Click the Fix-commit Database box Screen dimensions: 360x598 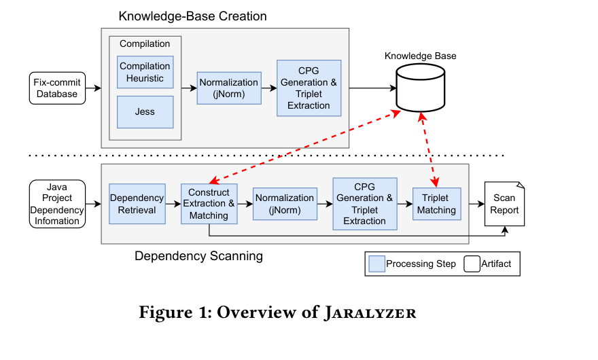point(57,88)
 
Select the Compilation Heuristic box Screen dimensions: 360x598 point(145,72)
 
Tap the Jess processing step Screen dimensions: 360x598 point(145,111)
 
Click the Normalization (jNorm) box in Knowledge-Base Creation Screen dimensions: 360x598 point(229,88)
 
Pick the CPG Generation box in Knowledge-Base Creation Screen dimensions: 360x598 point(309,88)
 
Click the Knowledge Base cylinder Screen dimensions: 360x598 point(421,88)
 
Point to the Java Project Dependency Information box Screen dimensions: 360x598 point(57,203)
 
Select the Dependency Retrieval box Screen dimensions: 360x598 point(137,204)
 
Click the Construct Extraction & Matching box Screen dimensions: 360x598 point(209,204)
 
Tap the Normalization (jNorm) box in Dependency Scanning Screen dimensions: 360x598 point(285,204)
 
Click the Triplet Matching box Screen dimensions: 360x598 point(436,204)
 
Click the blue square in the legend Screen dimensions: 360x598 point(376,264)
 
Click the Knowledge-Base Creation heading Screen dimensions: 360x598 point(192,16)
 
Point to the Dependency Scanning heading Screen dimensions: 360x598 point(198,256)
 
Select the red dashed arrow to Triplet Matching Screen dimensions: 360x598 point(429,149)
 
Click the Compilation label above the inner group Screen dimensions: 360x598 point(145,44)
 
